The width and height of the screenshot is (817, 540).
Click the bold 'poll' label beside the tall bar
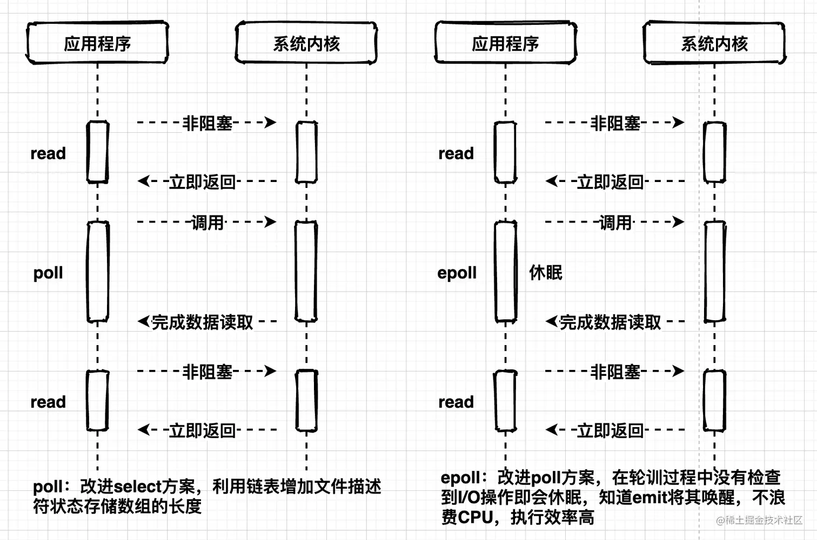(x=48, y=273)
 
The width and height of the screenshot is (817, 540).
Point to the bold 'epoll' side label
(x=457, y=273)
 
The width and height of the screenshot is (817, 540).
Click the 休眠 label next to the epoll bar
(x=546, y=273)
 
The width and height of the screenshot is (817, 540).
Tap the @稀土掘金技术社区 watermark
(x=759, y=520)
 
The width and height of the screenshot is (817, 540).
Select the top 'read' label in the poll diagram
(x=48, y=153)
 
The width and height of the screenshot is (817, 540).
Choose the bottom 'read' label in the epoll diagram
(x=456, y=402)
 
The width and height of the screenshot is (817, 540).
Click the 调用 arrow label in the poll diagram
(x=207, y=222)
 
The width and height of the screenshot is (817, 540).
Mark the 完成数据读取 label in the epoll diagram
(x=610, y=322)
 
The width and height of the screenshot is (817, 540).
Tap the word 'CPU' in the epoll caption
(x=475, y=517)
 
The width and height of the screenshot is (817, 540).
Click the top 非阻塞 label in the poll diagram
(x=207, y=123)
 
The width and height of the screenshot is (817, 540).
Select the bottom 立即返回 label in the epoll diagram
(x=610, y=430)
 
